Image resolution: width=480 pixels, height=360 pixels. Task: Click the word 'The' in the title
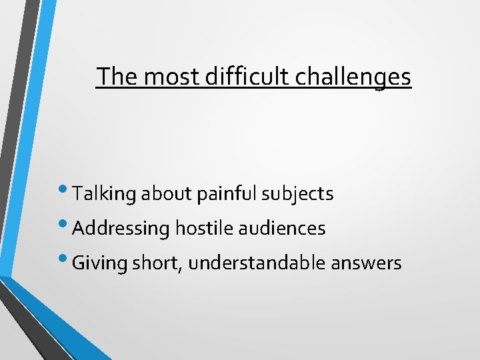(117, 77)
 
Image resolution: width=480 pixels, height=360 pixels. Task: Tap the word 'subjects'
(297, 194)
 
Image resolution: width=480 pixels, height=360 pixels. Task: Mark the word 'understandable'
(257, 263)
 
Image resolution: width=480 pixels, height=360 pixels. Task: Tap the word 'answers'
(366, 263)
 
